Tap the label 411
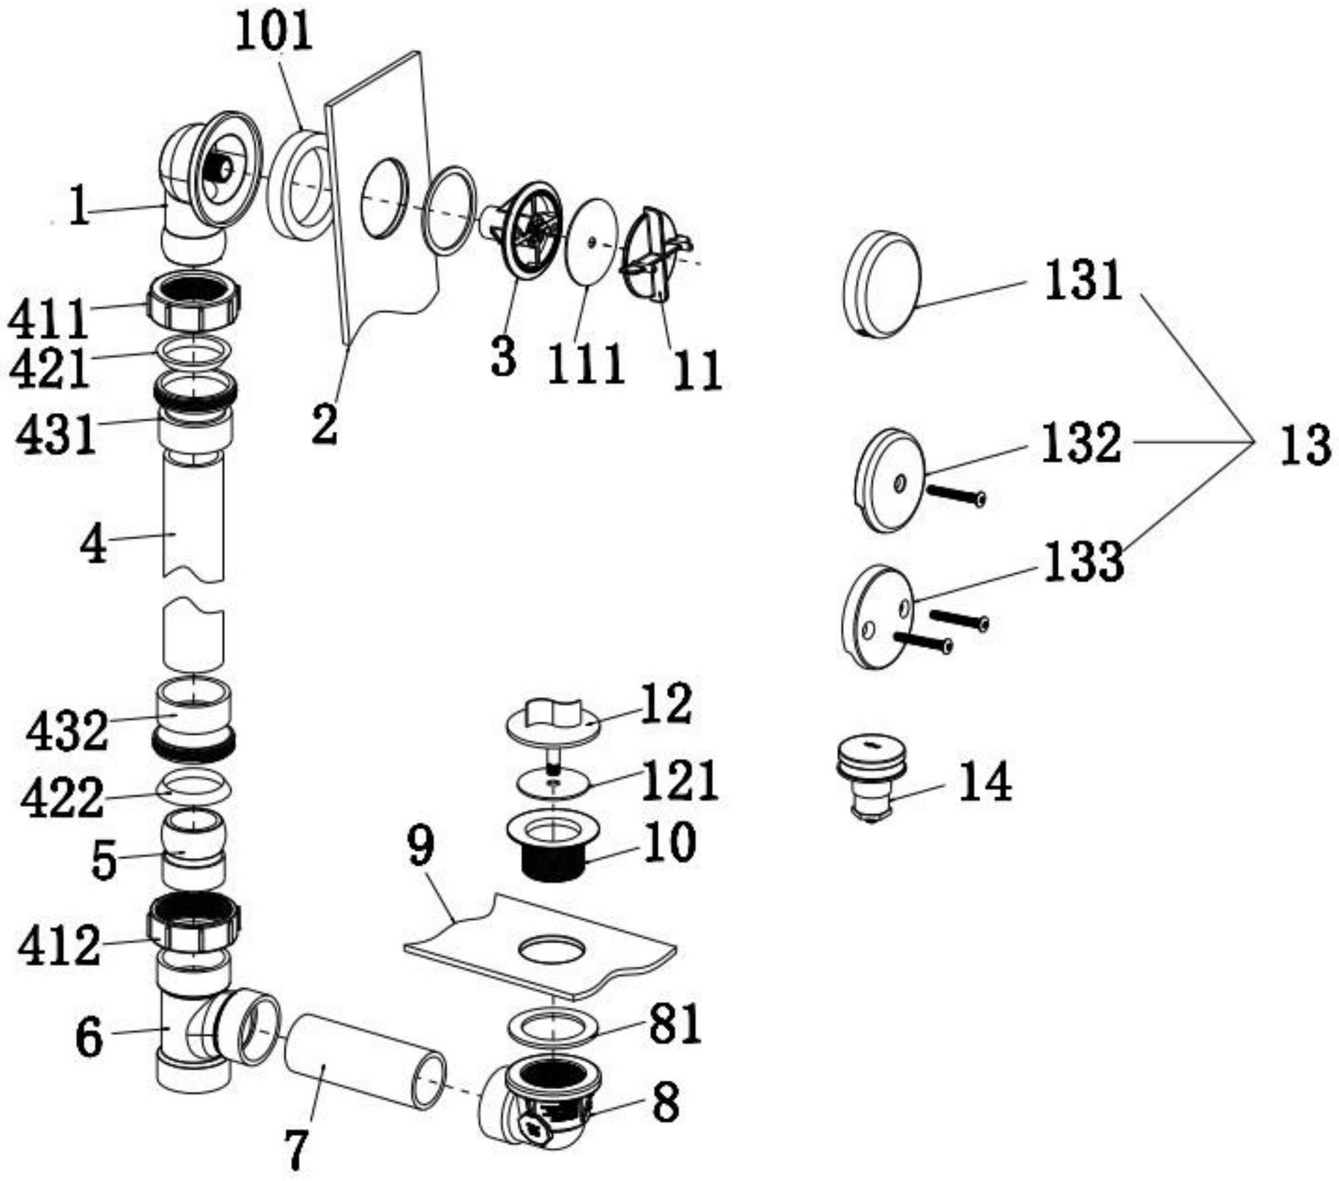[48, 320]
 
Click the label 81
[674, 1023]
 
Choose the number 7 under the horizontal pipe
[295, 1148]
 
